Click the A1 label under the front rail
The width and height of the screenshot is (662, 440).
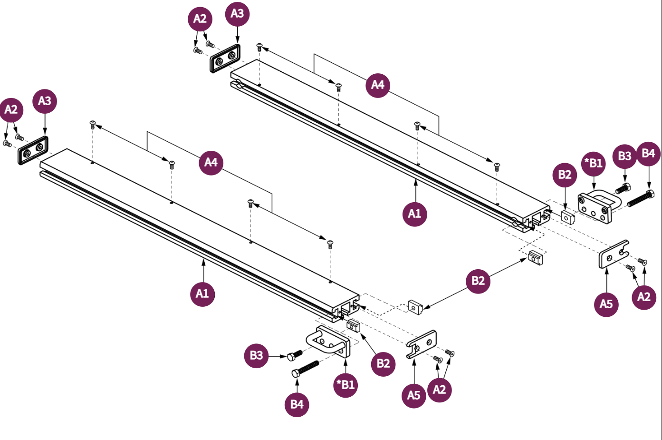point(202,293)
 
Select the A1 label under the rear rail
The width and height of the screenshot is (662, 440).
point(414,214)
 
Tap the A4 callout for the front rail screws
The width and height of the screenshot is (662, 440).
point(211,163)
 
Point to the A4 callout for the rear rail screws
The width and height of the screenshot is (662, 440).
point(377,85)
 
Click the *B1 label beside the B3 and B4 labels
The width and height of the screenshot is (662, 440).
point(594,164)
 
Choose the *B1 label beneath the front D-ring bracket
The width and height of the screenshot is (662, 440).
point(345,384)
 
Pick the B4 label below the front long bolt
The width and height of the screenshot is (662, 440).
point(297,404)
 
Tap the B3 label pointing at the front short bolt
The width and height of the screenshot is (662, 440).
point(256,355)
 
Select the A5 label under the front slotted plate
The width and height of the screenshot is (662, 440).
point(413,395)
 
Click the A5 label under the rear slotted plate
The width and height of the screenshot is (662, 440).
point(606,304)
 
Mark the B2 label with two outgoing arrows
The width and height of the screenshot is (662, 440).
point(478,281)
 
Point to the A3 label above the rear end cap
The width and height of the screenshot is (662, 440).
point(237,14)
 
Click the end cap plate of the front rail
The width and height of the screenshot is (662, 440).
point(33,150)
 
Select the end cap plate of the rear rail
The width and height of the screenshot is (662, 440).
point(225,59)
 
